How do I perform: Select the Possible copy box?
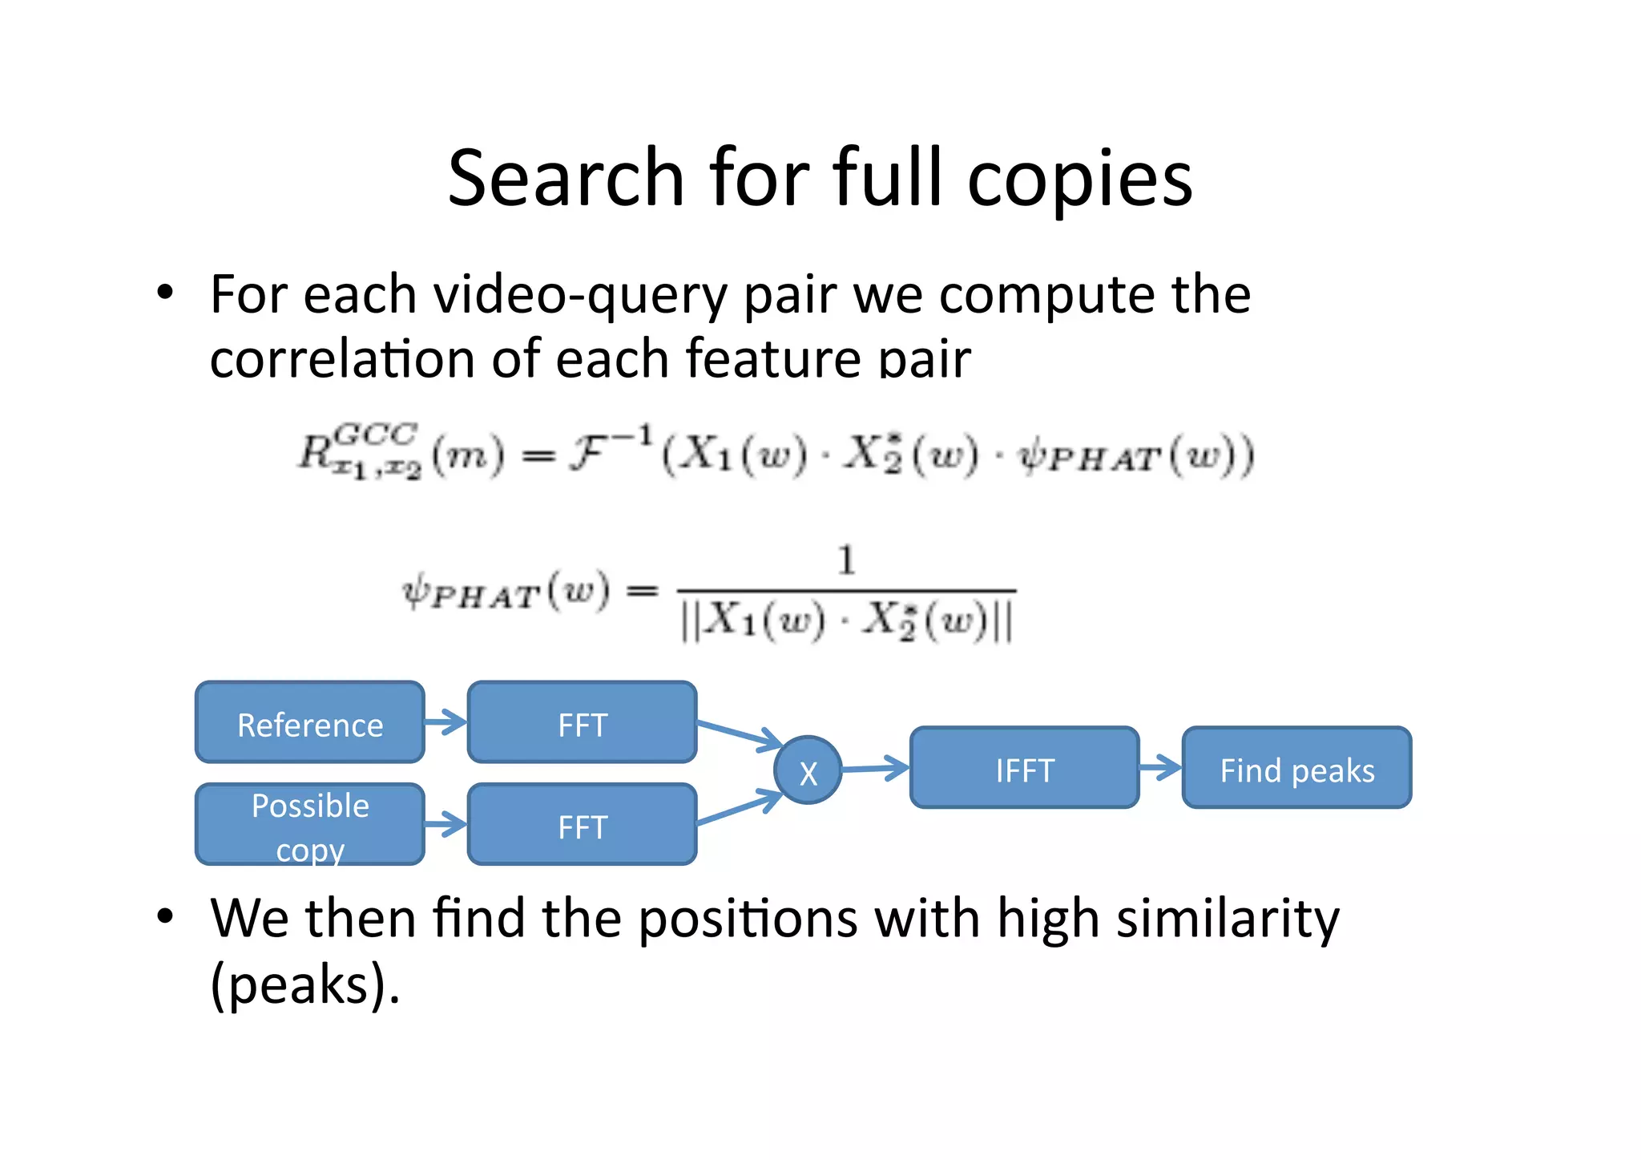pyautogui.click(x=309, y=824)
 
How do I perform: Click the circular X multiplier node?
pyautogui.click(x=808, y=770)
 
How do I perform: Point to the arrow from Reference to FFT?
pyautogui.click(x=446, y=722)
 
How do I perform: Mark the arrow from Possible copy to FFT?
pyautogui.click(x=446, y=824)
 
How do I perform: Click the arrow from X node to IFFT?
pyautogui.click(x=875, y=768)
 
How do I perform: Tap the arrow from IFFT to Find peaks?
pyautogui.click(x=1160, y=767)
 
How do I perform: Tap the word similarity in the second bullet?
pyautogui.click(x=1227, y=919)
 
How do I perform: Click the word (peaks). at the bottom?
pyautogui.click(x=304, y=985)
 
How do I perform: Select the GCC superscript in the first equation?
pyautogui.click(x=375, y=434)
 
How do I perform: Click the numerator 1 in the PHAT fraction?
pyautogui.click(x=846, y=560)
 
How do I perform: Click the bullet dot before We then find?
pyautogui.click(x=165, y=915)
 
